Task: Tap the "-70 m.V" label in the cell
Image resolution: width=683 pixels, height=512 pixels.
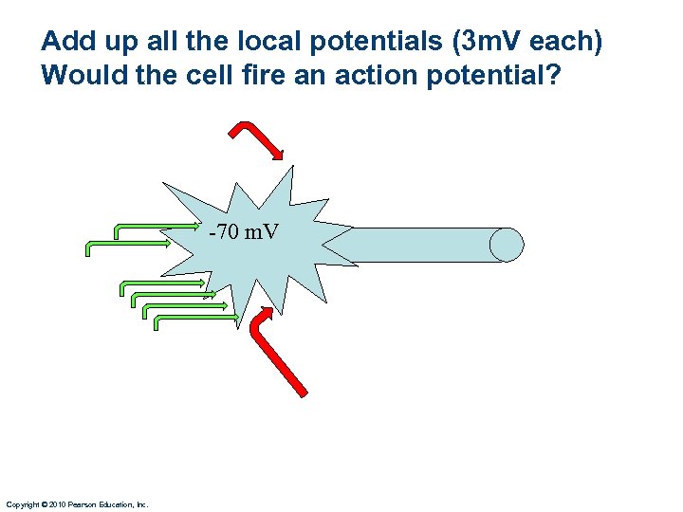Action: (244, 230)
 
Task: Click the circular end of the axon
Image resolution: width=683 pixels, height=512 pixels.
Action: (507, 245)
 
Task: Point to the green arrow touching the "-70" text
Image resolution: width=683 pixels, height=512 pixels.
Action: (161, 228)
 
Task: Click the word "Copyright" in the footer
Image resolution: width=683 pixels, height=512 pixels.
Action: (22, 504)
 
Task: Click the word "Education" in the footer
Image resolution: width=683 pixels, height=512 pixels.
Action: (117, 504)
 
